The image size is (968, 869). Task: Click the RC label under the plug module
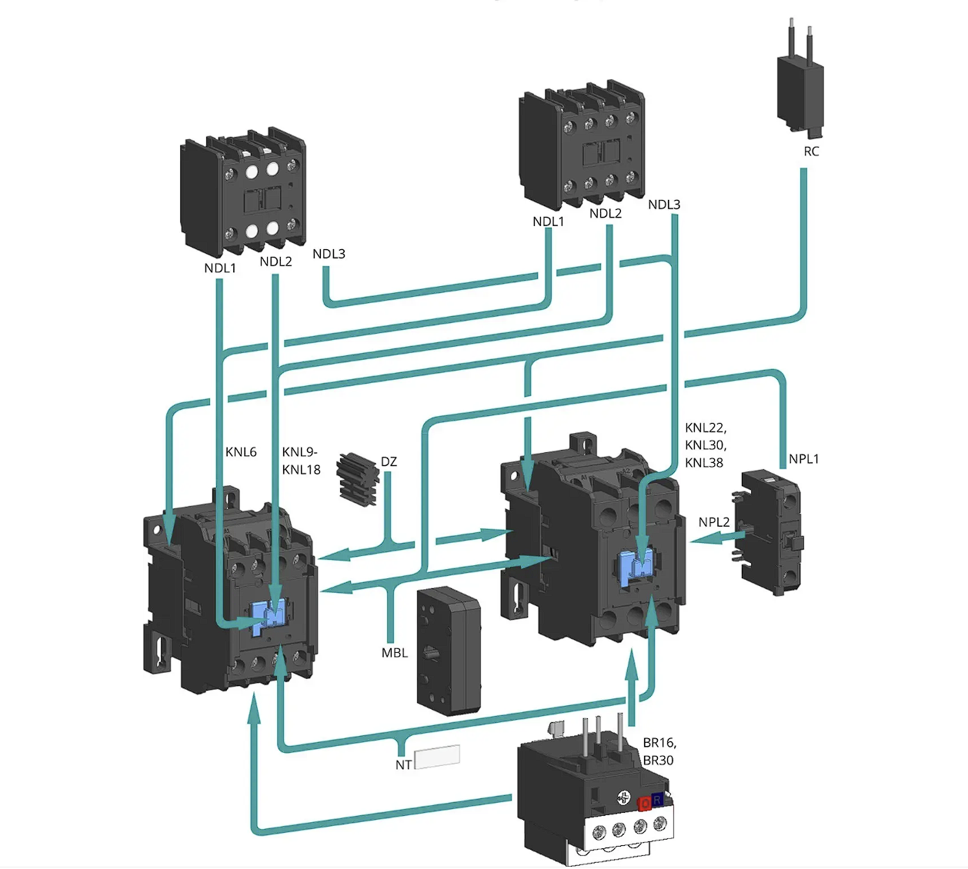click(811, 151)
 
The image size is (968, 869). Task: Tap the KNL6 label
click(241, 451)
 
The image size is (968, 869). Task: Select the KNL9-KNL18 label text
click(301, 461)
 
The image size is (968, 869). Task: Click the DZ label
click(389, 461)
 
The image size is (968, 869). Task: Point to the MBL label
click(395, 653)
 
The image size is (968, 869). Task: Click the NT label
click(403, 764)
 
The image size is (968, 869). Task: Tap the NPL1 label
click(803, 459)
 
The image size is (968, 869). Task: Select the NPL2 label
click(714, 522)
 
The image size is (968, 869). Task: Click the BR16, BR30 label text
click(659, 751)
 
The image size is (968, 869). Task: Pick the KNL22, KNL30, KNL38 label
click(706, 445)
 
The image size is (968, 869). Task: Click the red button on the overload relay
click(645, 804)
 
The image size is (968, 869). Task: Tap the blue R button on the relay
click(658, 800)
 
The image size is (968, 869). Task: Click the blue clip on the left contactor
click(269, 617)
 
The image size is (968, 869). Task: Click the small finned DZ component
click(357, 479)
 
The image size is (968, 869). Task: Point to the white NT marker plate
click(437, 757)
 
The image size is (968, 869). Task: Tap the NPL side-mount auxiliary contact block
click(768, 533)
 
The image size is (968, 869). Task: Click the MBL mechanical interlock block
click(449, 652)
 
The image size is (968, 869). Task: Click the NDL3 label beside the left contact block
click(329, 254)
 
